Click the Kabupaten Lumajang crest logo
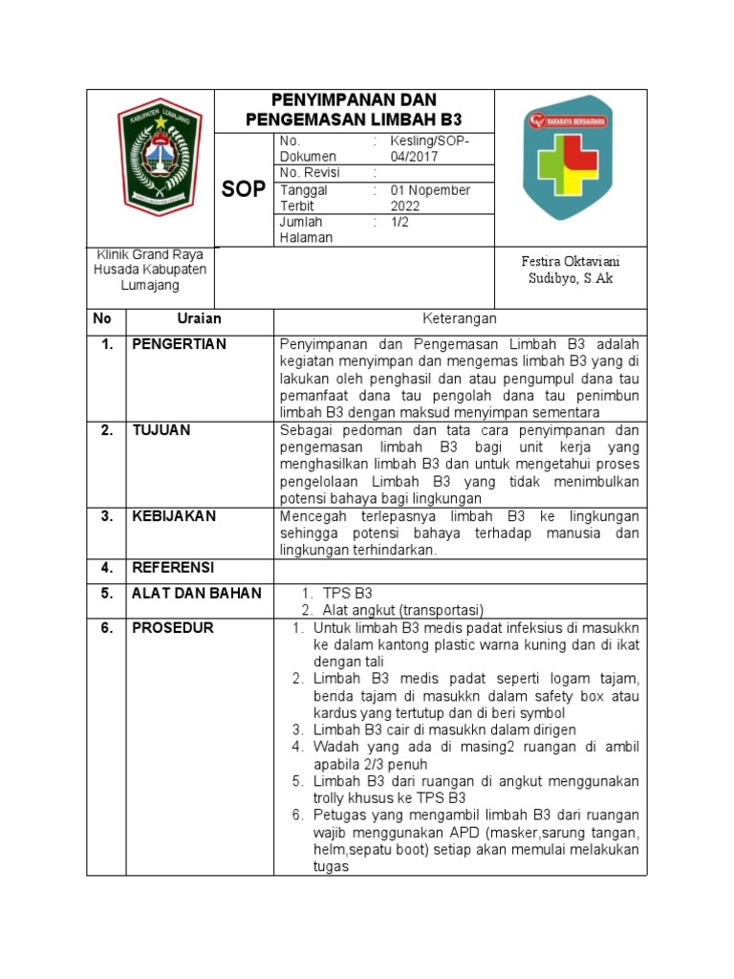click(162, 163)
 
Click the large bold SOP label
click(244, 189)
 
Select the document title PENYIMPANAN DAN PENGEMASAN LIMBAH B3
click(354, 110)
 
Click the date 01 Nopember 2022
click(430, 198)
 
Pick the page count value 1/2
click(399, 222)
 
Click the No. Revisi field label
click(311, 173)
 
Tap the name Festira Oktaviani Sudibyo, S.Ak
click(569, 270)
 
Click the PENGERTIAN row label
click(179, 344)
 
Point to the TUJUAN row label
click(161, 430)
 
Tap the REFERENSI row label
click(173, 568)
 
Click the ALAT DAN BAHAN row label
click(196, 594)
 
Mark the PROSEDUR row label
click(172, 628)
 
